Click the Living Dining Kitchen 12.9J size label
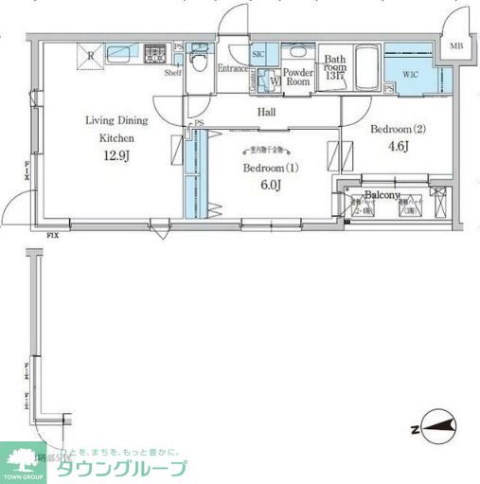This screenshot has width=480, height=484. coord(117,154)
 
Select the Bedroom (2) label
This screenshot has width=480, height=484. coord(399,129)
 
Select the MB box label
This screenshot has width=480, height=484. coord(457,46)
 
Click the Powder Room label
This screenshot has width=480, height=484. coord(299,77)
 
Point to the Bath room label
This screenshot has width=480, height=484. coord(334,67)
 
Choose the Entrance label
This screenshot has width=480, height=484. coord(233,68)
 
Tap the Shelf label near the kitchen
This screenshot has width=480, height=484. coord(173,72)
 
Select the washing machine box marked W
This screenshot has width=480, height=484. coord(275,81)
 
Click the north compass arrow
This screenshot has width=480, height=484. coord(436,429)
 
